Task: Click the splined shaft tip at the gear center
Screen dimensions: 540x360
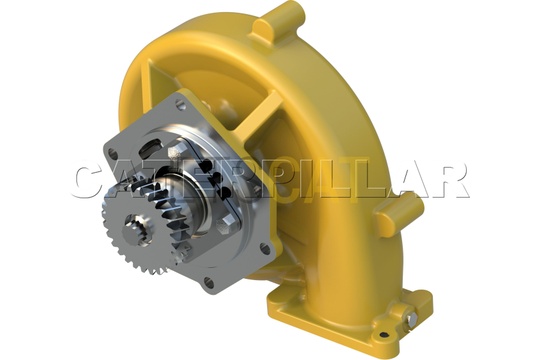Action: click(x=138, y=229)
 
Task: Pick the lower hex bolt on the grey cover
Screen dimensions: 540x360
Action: click(x=226, y=222)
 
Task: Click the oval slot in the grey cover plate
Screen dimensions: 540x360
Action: click(x=152, y=147)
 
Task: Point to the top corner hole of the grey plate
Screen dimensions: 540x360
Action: click(x=180, y=103)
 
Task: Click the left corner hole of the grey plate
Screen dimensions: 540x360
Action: click(x=112, y=152)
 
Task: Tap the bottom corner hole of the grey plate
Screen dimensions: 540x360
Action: click(x=209, y=282)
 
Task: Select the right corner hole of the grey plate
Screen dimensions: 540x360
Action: click(x=265, y=248)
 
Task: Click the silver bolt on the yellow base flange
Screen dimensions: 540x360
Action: click(x=411, y=320)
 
